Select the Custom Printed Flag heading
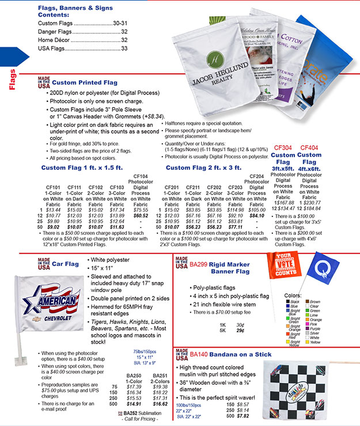85,83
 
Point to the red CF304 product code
283,148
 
